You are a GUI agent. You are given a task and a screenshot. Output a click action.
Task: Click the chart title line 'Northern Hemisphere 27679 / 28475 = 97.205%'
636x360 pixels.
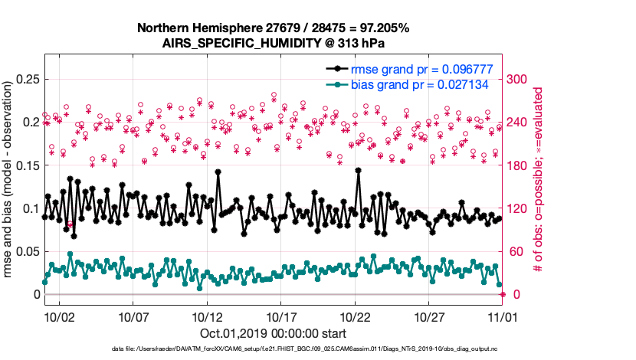[273, 28]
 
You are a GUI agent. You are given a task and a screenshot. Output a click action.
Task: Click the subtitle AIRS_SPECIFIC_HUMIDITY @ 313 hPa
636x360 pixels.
[273, 43]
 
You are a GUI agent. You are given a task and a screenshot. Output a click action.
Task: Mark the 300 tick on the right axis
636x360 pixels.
[520, 79]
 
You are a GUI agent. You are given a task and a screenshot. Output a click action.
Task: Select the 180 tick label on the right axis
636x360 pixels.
[520, 165]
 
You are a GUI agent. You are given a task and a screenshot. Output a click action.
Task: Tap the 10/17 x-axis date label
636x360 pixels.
[281, 316]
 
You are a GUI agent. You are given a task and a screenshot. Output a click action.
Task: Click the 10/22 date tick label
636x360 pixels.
[356, 316]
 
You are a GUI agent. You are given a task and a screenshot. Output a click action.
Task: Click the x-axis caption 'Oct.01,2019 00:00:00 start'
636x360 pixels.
[273, 333]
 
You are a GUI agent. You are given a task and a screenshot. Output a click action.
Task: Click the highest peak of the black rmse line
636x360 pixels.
[359, 170]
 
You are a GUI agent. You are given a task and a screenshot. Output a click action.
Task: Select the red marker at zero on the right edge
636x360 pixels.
[503, 294]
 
